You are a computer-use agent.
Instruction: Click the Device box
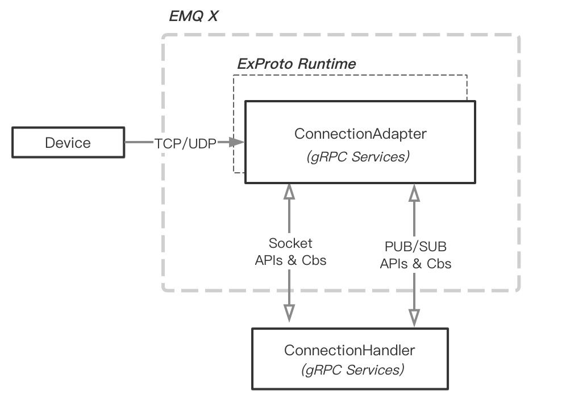[x=68, y=143]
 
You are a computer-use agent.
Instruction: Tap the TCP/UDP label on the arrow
[x=185, y=143]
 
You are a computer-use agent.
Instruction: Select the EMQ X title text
[x=193, y=16]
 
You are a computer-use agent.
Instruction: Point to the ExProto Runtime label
[x=296, y=64]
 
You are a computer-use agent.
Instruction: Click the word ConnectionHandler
[x=349, y=350]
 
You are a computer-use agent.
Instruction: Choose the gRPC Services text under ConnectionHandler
[x=353, y=370]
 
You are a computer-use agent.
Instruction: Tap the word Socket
[x=290, y=243]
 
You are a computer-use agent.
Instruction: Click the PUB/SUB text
[x=415, y=248]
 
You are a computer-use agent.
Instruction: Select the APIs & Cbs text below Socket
[x=290, y=260]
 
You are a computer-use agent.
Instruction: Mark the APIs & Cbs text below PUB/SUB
[x=415, y=264]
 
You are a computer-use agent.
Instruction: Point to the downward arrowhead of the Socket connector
[x=290, y=312]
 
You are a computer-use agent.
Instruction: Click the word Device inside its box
[x=68, y=143]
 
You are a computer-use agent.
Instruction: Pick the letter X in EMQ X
[x=211, y=16]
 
